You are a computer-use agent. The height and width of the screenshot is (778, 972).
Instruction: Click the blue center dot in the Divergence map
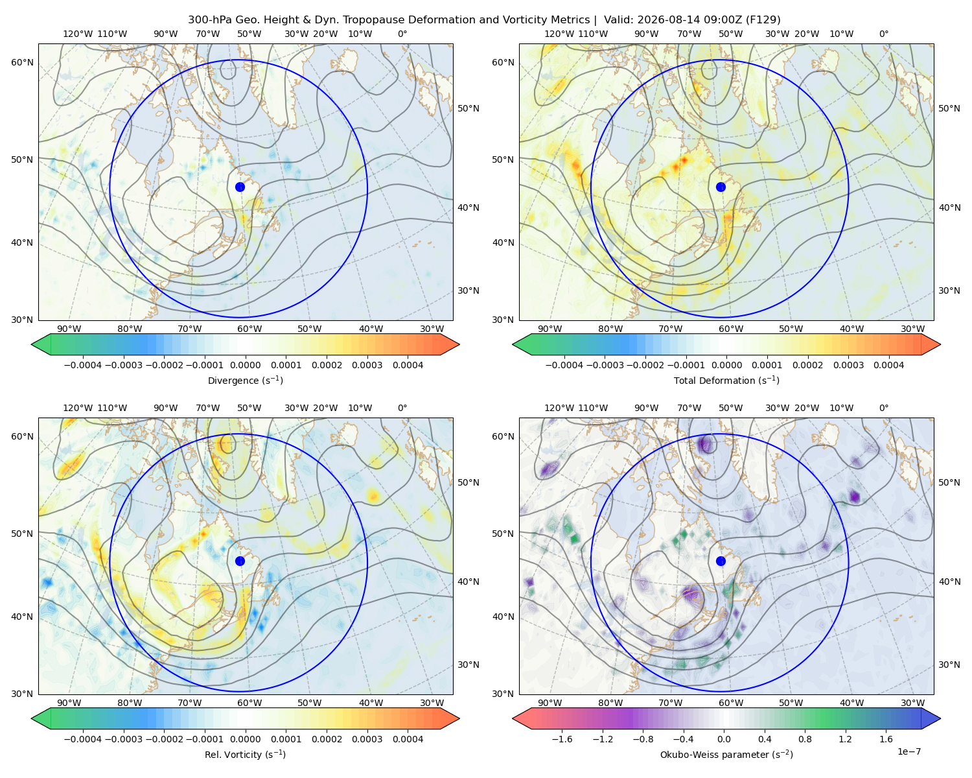click(240, 187)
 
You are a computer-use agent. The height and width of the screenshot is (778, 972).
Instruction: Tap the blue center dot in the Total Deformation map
click(721, 187)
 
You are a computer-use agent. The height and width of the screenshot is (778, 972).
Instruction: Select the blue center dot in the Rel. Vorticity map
click(240, 561)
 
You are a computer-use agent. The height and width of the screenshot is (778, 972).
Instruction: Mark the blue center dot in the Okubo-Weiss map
click(721, 561)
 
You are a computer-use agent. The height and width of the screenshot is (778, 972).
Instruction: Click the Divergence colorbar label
click(245, 380)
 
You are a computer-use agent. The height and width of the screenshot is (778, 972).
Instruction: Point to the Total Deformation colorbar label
click(726, 380)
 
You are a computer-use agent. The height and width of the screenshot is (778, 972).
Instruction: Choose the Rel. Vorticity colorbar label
click(245, 754)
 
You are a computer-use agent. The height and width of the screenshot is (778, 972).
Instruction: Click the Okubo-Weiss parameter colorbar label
click(726, 754)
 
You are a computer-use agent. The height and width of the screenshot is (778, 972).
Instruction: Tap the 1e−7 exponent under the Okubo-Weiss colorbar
click(908, 751)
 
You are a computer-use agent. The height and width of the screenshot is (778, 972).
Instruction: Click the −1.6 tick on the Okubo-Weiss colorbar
click(562, 738)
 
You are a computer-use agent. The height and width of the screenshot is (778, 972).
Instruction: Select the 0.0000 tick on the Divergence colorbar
click(245, 365)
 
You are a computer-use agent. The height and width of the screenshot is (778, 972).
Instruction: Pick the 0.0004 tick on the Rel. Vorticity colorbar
click(408, 738)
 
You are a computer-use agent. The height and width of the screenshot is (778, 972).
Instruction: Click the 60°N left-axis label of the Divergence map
click(22, 62)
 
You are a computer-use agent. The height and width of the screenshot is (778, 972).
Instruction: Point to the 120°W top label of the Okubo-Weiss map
click(559, 408)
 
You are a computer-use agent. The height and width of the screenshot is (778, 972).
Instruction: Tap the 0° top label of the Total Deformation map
click(883, 34)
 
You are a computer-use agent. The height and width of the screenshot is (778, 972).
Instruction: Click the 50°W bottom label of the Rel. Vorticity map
click(309, 703)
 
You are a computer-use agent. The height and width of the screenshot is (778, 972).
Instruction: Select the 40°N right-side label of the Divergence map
click(469, 207)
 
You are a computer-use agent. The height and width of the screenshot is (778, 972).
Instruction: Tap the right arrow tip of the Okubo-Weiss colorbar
click(940, 718)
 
